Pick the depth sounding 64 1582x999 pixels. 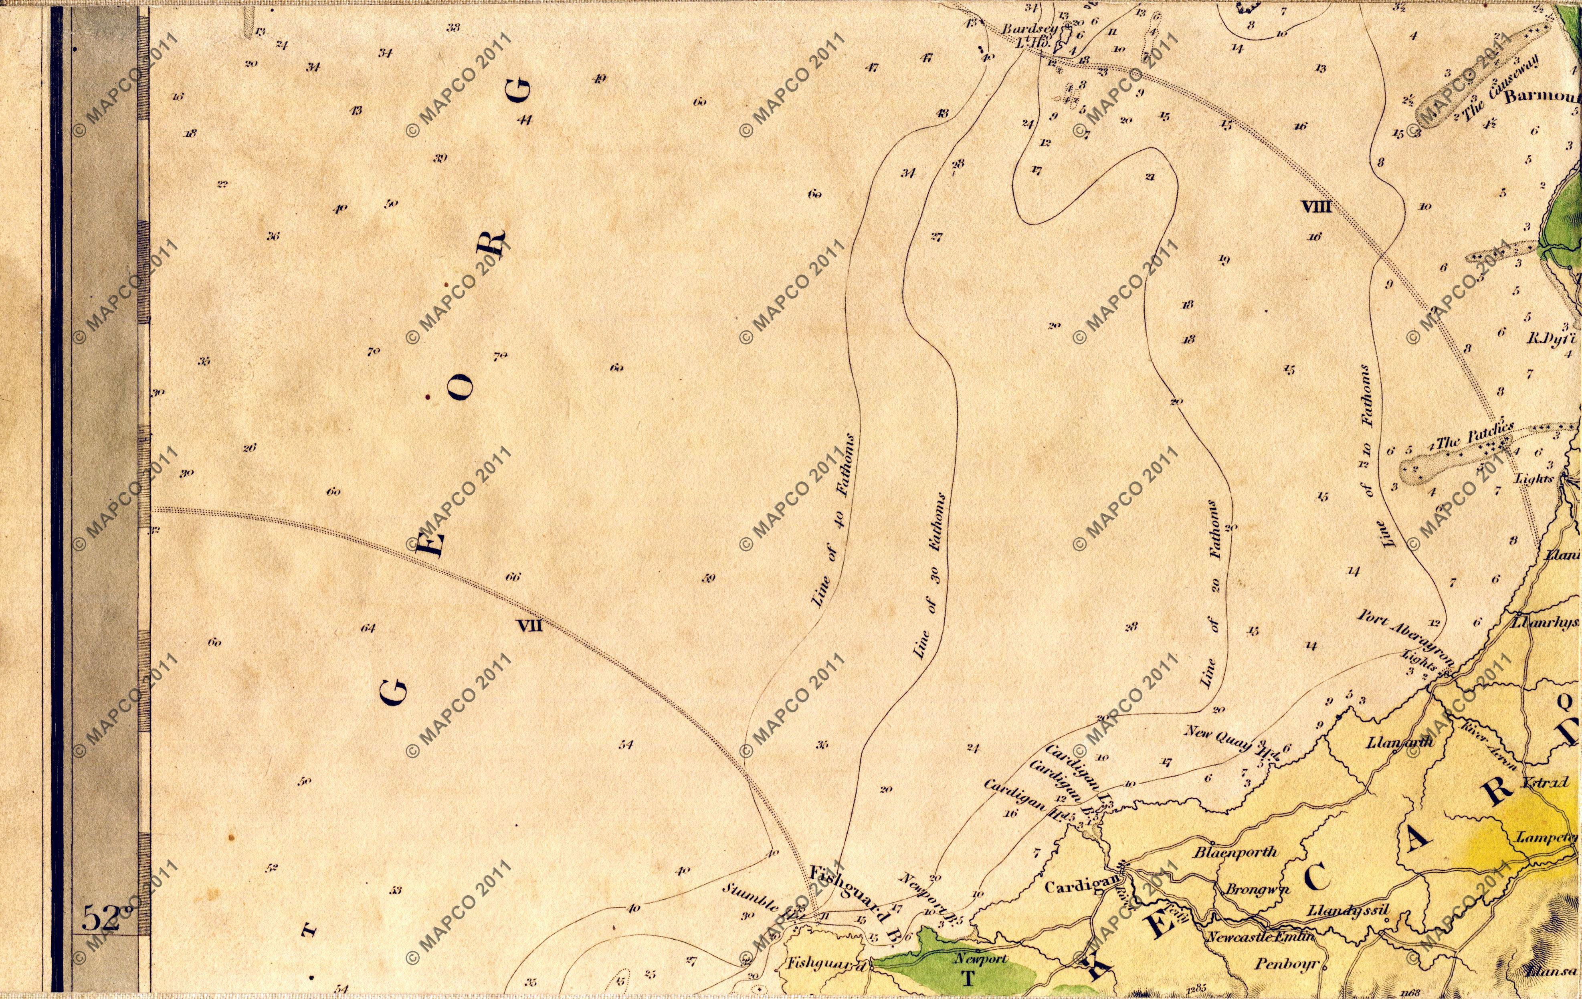point(368,628)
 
